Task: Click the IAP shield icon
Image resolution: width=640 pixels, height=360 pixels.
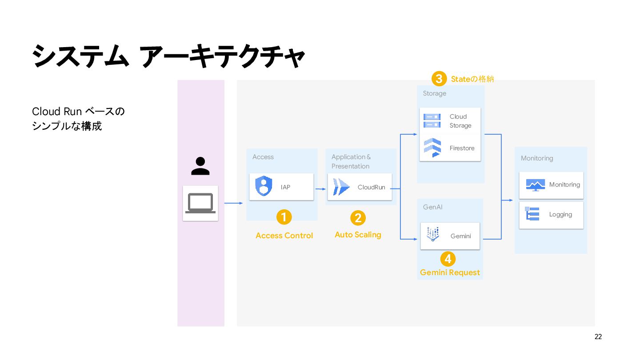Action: (x=264, y=186)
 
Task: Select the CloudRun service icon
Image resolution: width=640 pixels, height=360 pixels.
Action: (x=341, y=187)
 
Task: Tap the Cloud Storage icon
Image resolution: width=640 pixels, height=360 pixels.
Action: (x=432, y=120)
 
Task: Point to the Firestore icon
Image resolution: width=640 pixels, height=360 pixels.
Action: (x=432, y=148)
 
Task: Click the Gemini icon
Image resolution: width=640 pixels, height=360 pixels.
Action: (x=432, y=235)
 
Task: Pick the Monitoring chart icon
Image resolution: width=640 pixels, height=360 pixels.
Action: (x=535, y=184)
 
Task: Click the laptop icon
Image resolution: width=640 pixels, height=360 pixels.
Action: (x=200, y=203)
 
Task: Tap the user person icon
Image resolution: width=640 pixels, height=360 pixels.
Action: (x=200, y=166)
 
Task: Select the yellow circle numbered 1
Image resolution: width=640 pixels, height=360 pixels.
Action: (x=284, y=217)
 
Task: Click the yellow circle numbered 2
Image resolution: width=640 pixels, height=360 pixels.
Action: (x=358, y=218)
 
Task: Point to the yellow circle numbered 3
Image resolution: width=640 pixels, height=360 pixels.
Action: (x=439, y=79)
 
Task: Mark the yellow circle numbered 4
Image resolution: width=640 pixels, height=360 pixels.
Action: (x=448, y=259)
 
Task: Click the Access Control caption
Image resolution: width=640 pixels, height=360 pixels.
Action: (x=284, y=236)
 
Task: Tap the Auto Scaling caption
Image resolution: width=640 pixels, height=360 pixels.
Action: (x=358, y=235)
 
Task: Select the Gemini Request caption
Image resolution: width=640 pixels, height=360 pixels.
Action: (x=450, y=272)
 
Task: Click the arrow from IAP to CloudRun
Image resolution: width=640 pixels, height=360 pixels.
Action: (x=320, y=189)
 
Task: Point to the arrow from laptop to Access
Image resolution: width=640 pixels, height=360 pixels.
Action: (x=233, y=203)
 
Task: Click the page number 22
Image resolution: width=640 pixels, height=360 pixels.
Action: (x=598, y=337)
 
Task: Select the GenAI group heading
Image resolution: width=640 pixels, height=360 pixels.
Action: (x=432, y=207)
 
